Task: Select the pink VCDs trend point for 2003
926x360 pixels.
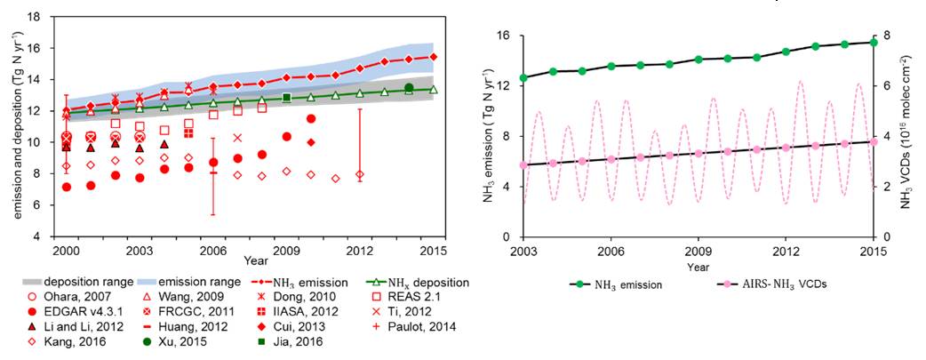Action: coord(523,165)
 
